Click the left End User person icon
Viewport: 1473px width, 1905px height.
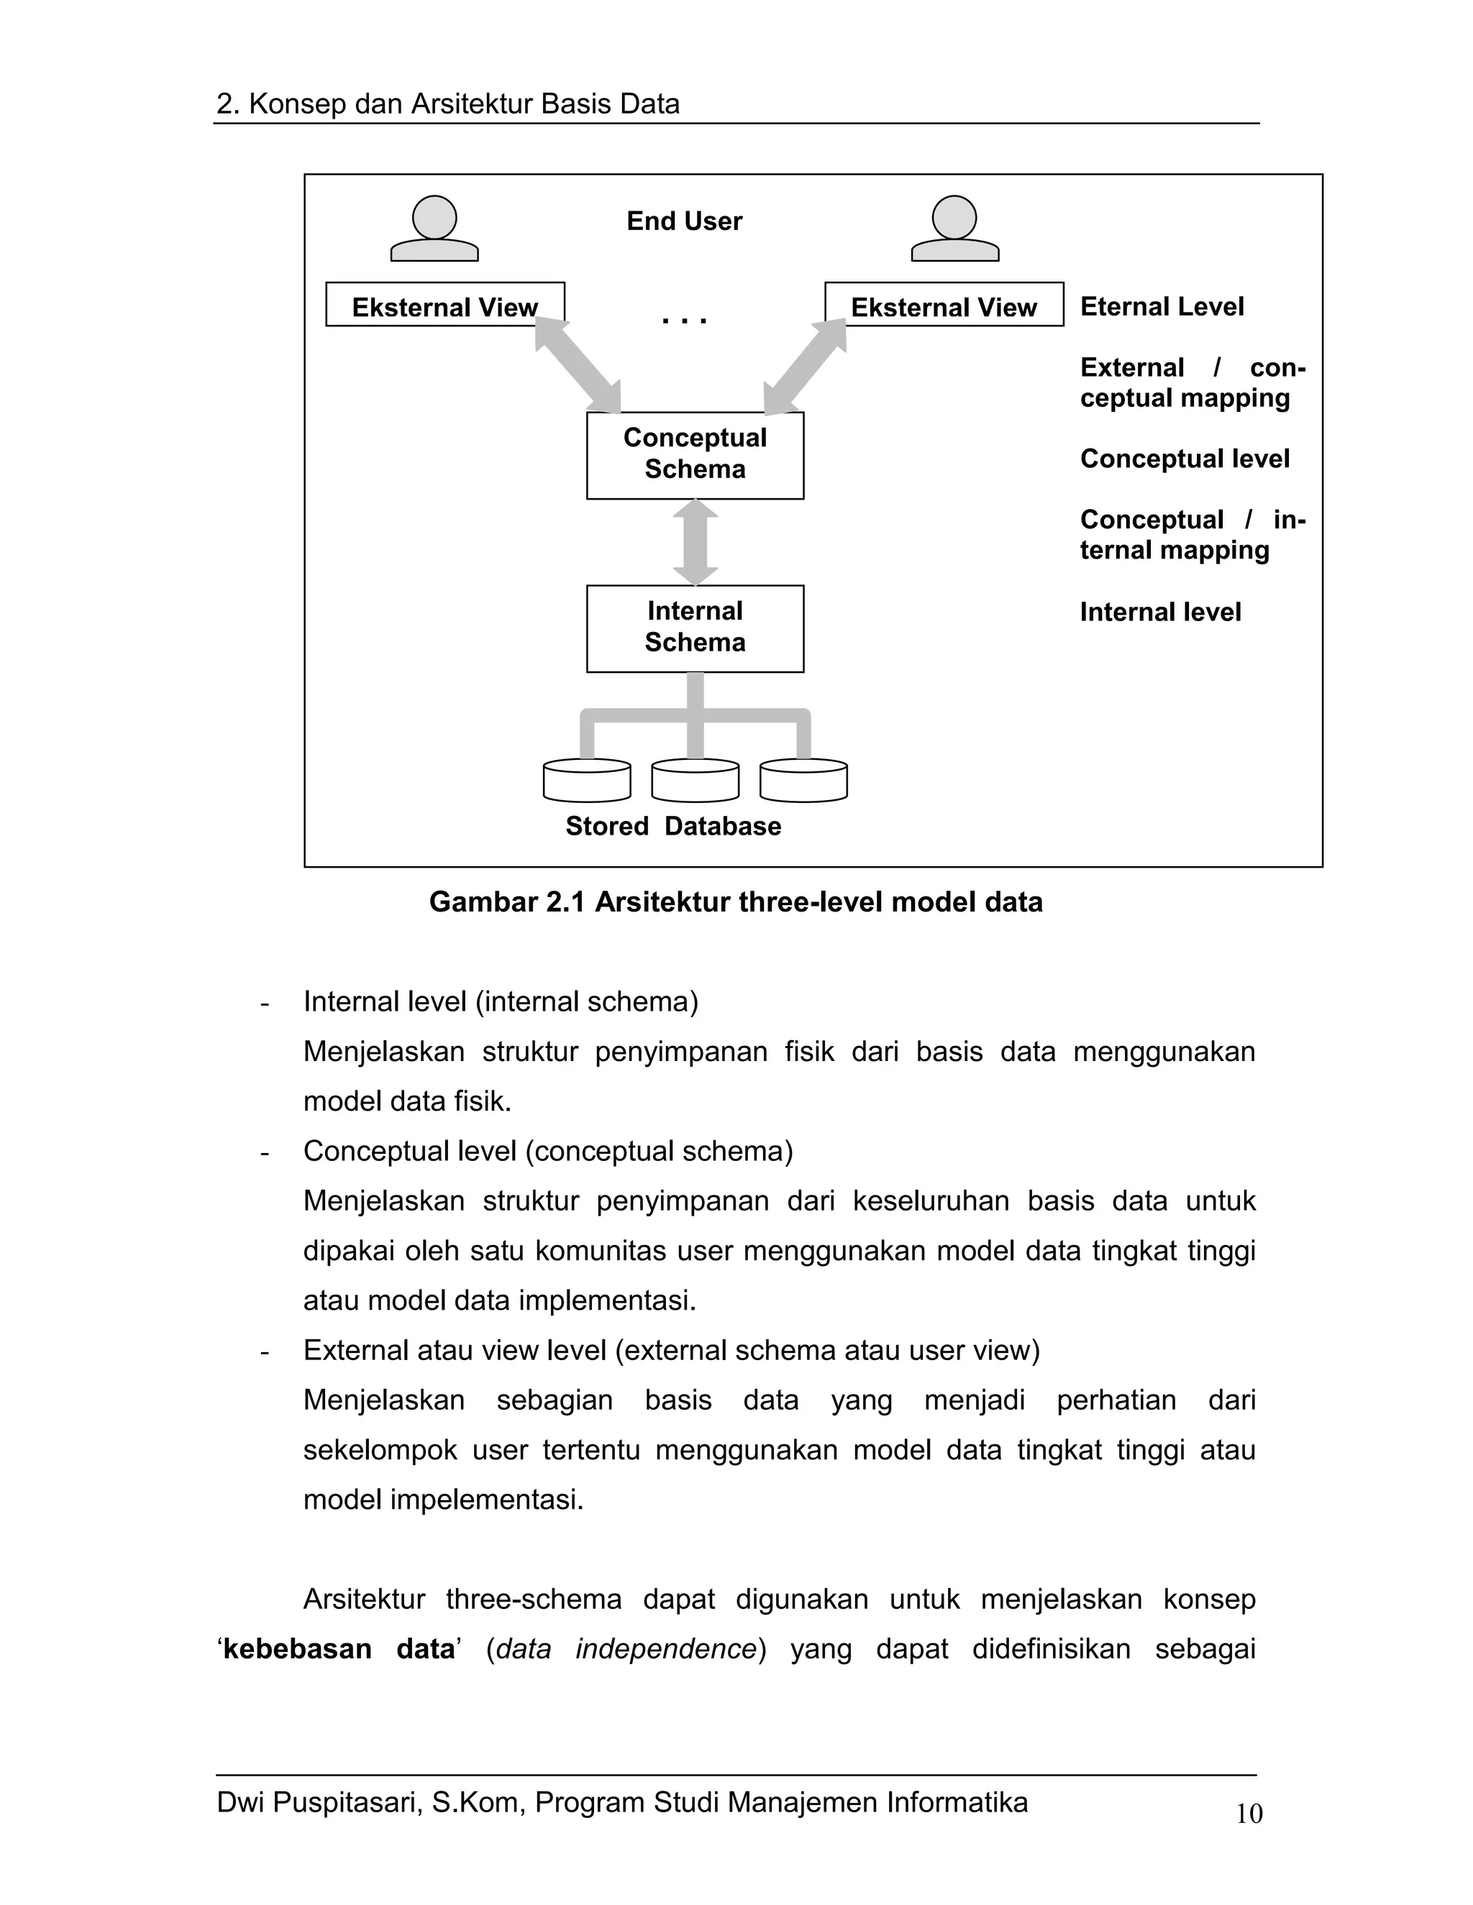click(x=434, y=229)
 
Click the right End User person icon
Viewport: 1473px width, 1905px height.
click(x=954, y=229)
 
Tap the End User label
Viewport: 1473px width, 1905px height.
click(x=684, y=221)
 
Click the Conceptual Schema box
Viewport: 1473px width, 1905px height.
click(x=695, y=454)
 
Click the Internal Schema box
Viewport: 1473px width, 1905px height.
click(x=695, y=628)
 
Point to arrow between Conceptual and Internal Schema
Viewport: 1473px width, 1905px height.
click(x=696, y=542)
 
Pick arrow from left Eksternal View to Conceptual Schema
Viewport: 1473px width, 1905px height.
click(x=578, y=365)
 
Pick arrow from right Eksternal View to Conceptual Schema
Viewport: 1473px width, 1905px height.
click(x=805, y=365)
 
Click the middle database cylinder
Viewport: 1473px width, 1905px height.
click(x=695, y=780)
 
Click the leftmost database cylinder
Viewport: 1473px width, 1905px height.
click(x=586, y=780)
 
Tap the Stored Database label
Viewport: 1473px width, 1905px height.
click(x=672, y=826)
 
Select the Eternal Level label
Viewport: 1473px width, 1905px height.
click(x=1162, y=307)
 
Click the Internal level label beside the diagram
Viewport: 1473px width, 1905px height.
click(x=1159, y=612)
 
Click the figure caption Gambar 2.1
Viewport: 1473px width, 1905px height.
click(x=736, y=902)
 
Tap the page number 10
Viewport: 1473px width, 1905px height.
click(x=1249, y=1814)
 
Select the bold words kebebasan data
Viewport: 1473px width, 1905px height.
click(x=339, y=1649)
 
